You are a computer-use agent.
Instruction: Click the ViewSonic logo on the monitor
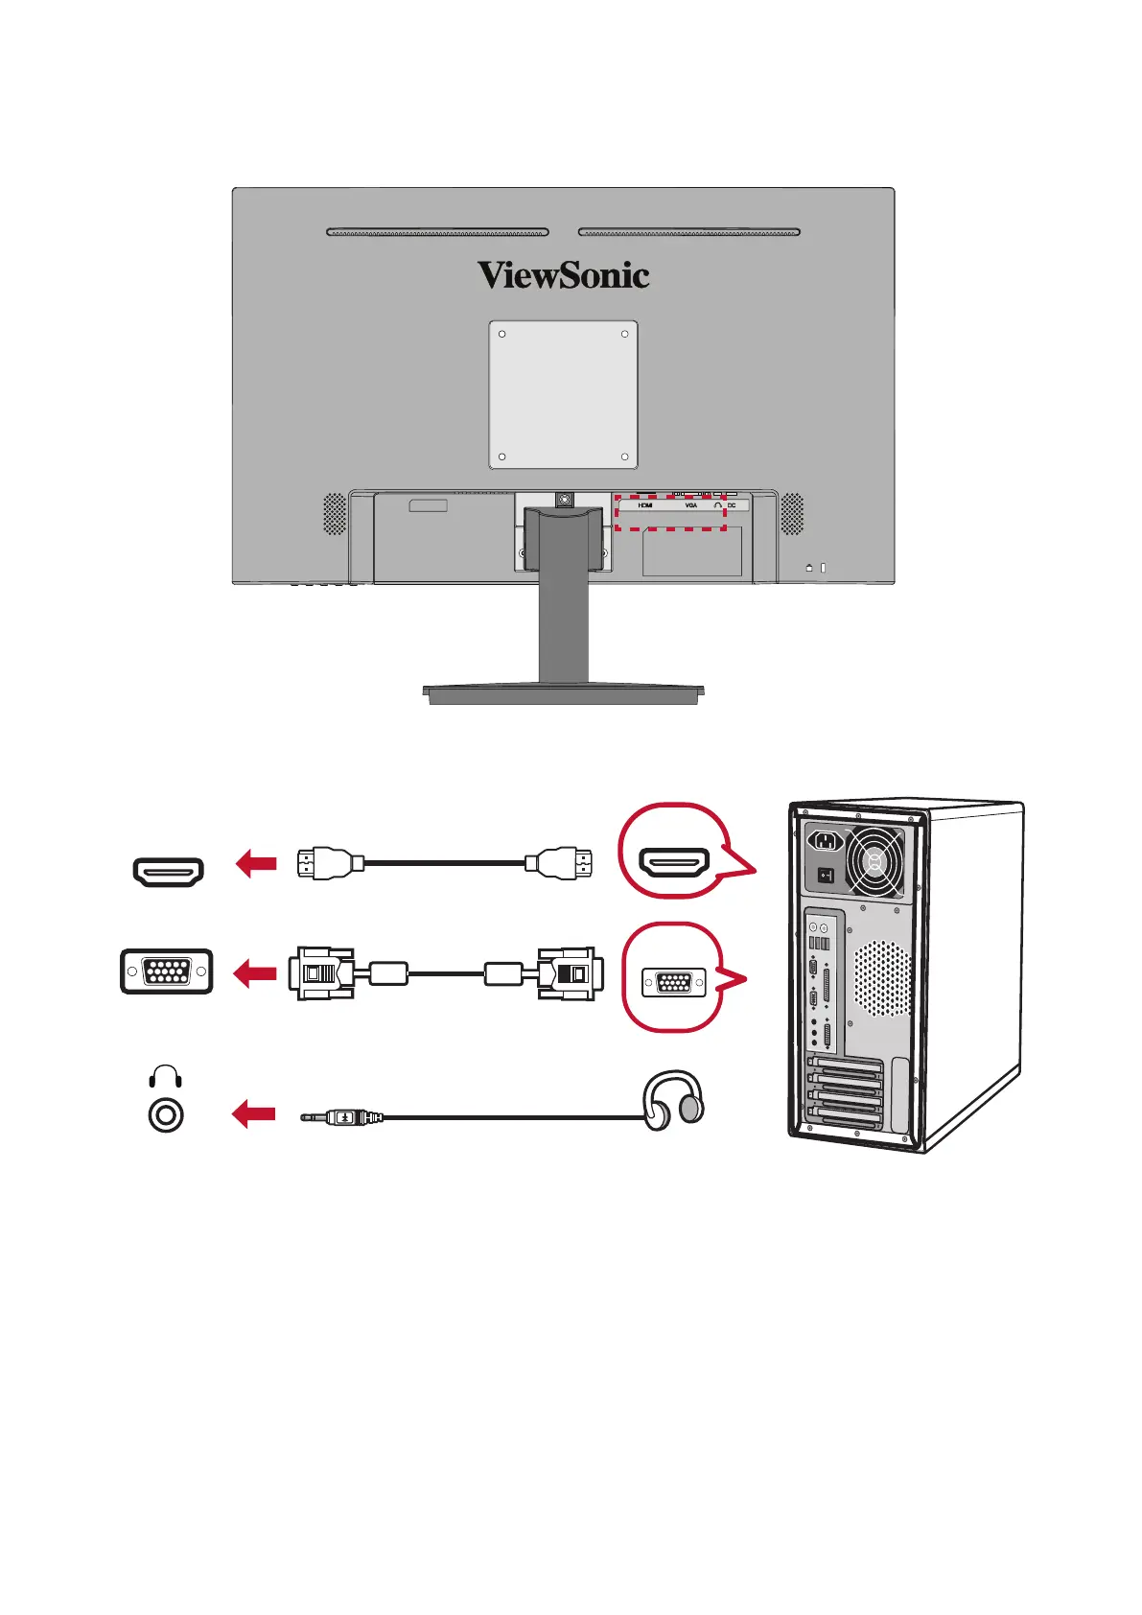point(564,276)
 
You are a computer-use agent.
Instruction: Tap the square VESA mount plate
point(564,395)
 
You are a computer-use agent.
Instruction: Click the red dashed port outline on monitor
point(669,513)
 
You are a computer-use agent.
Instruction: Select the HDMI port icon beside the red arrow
point(169,872)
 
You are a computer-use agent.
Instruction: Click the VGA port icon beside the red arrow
point(167,971)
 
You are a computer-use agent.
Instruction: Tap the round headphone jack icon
point(167,1115)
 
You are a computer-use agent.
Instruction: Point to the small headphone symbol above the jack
point(167,1076)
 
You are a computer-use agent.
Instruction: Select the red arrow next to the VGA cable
point(256,973)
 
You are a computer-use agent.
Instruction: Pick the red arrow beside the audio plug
point(254,1114)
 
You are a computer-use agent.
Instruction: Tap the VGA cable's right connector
point(571,973)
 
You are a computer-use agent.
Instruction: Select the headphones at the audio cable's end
point(674,1101)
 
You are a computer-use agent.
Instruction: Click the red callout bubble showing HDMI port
point(675,851)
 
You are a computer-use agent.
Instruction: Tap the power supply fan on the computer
point(874,860)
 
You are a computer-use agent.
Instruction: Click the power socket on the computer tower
point(827,842)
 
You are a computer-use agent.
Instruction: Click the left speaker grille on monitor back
point(334,514)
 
